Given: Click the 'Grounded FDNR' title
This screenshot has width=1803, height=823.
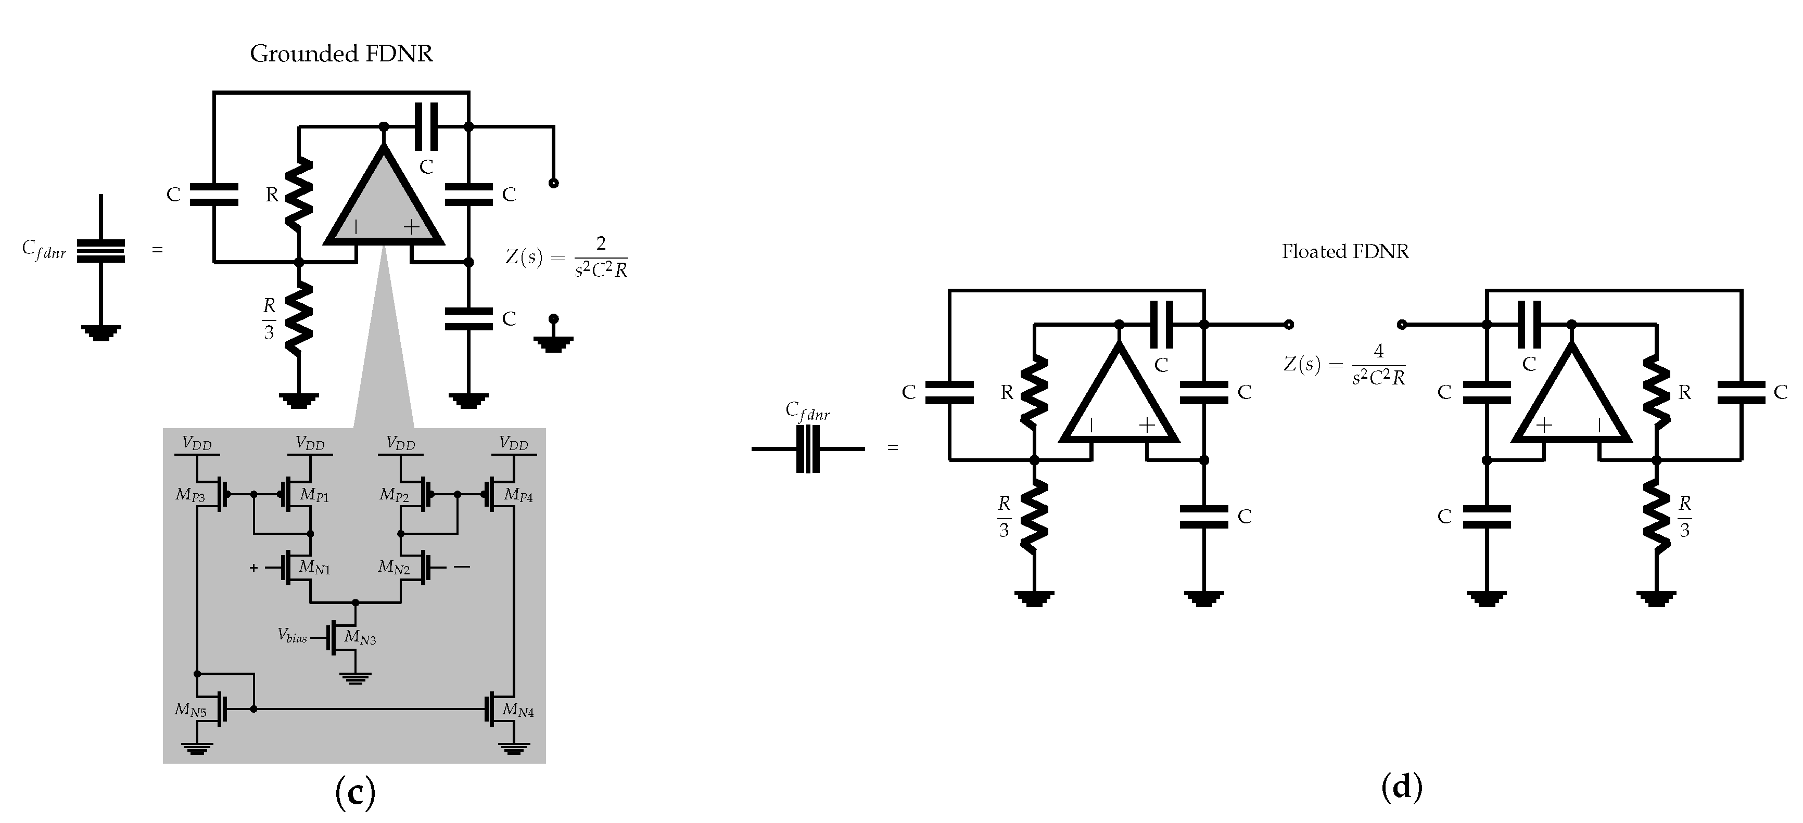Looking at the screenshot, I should (x=341, y=54).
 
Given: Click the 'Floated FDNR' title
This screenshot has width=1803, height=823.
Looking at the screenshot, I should (x=1344, y=252).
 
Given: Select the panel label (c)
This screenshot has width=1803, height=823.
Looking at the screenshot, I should (x=355, y=792).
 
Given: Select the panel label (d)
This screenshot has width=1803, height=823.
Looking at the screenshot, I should (x=1401, y=787).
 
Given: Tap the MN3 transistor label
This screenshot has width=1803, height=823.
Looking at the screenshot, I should (x=360, y=638).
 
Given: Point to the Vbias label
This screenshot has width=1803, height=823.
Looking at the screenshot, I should (x=292, y=635).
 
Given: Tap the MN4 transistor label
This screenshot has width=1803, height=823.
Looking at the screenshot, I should (x=518, y=711).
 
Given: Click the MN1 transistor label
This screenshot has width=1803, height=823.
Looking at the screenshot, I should (x=314, y=568).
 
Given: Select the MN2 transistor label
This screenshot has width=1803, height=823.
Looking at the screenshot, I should (x=394, y=568).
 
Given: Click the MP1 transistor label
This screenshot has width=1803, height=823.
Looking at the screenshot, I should (x=314, y=495).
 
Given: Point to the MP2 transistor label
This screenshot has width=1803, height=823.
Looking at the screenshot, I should (x=394, y=495).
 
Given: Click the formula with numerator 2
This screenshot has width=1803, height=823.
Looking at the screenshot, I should (x=567, y=257).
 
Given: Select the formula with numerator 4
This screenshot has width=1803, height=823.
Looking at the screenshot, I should (x=1344, y=364).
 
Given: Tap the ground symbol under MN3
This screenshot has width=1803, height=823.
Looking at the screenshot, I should (x=355, y=677).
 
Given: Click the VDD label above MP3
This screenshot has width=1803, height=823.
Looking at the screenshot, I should (x=197, y=444).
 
